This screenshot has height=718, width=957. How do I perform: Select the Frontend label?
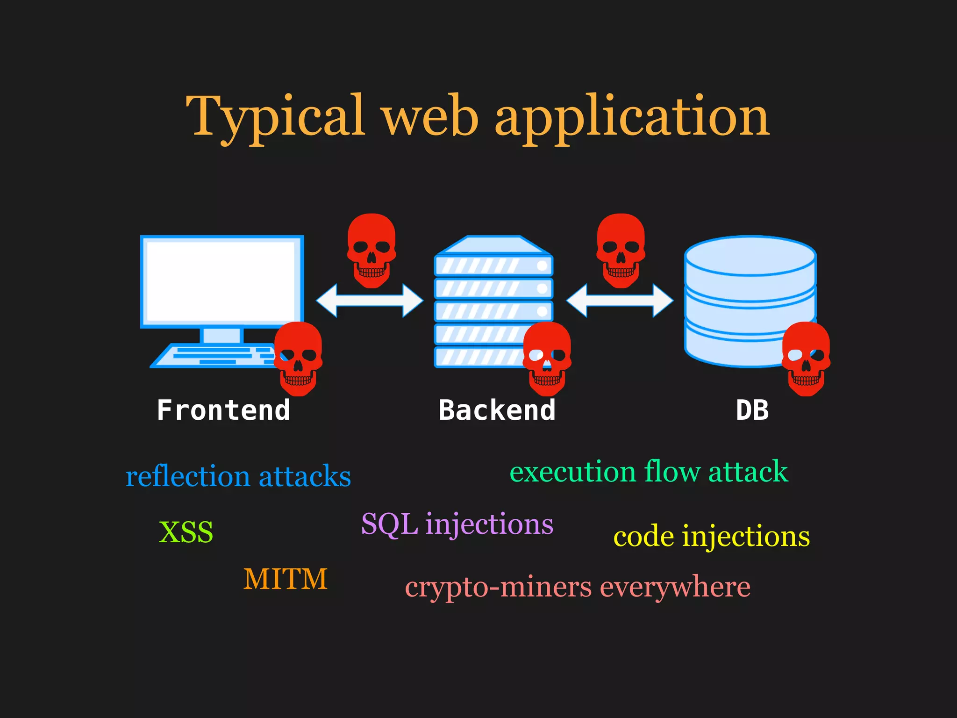[223, 410]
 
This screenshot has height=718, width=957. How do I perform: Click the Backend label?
[497, 410]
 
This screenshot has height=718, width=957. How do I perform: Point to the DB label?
[752, 410]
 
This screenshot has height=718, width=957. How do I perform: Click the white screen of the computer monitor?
[221, 280]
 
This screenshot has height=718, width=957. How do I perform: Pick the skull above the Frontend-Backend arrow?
[371, 250]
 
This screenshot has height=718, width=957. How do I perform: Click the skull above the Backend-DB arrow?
[621, 250]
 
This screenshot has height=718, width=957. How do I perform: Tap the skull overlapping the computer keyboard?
[298, 358]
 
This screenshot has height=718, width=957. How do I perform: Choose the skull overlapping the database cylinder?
[806, 358]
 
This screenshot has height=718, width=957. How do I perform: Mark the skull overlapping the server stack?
[547, 358]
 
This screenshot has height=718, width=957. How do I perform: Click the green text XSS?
[186, 532]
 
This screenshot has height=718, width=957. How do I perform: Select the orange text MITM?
[285, 579]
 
